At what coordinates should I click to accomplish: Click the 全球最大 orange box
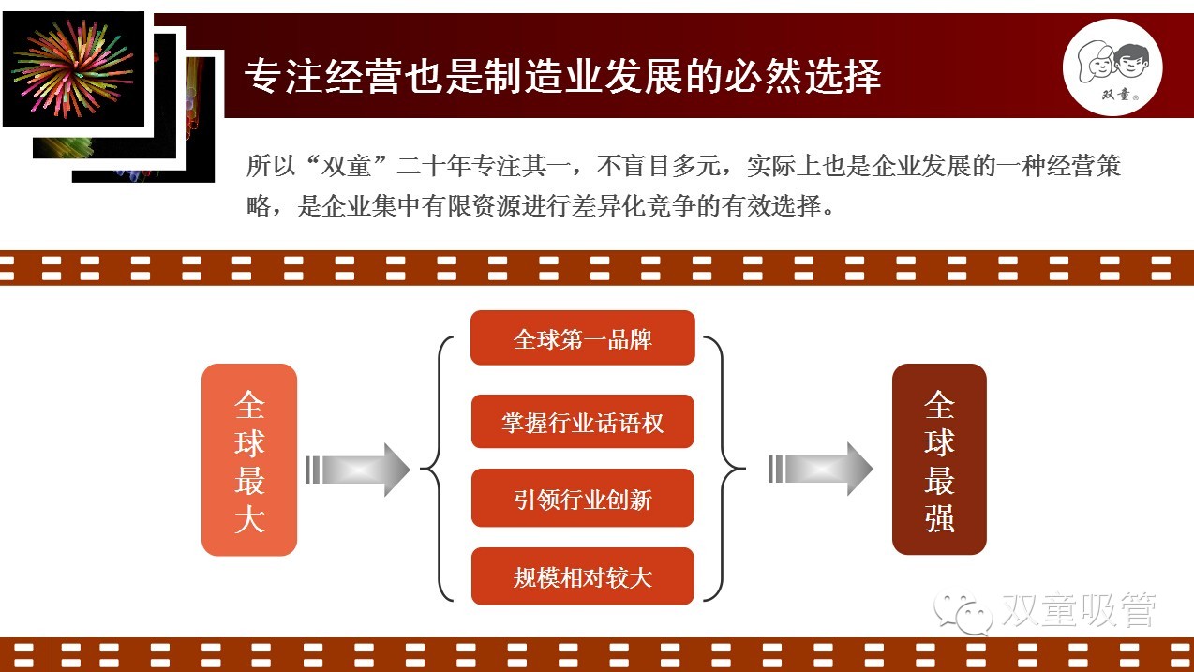[249, 459]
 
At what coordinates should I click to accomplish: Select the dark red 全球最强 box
[939, 459]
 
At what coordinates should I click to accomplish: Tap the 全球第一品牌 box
[582, 338]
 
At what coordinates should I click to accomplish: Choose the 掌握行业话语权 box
[582, 422]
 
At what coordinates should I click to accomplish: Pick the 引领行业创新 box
[582, 499]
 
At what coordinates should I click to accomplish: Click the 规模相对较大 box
[582, 576]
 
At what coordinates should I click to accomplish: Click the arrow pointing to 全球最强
[820, 469]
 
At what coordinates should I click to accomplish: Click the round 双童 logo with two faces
[1112, 67]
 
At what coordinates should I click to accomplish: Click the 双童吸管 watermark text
[1078, 611]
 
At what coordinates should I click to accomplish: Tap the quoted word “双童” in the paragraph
[346, 167]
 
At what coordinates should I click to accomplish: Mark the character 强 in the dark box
[939, 516]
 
